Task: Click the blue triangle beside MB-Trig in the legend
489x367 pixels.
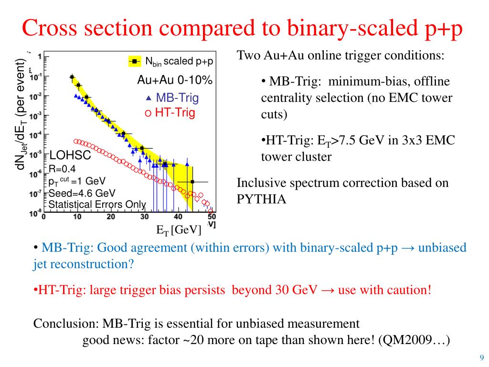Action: tap(149, 98)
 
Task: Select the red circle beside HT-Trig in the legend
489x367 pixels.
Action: tap(148, 113)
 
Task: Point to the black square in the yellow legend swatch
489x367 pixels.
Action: tap(135, 61)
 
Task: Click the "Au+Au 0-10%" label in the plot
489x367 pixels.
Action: tap(175, 80)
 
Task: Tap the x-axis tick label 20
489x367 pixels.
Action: tap(111, 216)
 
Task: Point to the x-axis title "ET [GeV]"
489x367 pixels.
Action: tap(179, 230)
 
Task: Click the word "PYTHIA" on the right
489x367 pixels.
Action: tap(262, 199)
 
